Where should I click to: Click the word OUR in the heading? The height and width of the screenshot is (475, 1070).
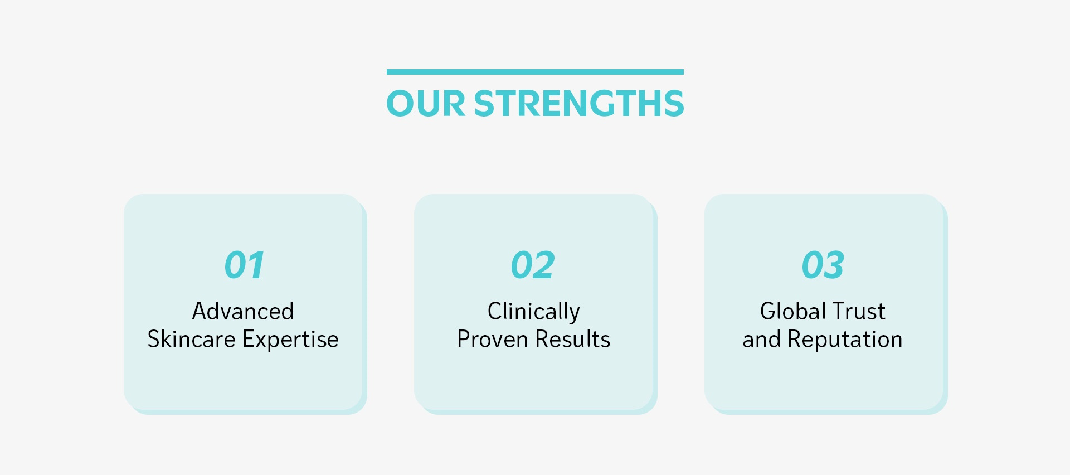426,103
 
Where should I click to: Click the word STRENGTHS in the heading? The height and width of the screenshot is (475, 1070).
579,103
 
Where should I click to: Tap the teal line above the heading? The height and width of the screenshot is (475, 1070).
535,72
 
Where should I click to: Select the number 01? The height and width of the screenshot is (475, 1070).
244,265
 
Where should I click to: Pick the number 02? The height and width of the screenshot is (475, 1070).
533,265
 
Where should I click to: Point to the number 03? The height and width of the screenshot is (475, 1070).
823,265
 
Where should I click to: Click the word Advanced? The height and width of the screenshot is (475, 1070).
243,311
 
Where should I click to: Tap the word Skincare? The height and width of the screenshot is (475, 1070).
191,339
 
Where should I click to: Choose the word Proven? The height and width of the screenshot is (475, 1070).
493,339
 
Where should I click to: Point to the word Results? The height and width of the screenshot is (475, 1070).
573,339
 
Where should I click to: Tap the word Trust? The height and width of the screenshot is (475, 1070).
859,311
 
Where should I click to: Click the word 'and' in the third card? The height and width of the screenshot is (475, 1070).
762,339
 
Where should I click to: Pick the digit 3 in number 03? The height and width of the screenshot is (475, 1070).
835,265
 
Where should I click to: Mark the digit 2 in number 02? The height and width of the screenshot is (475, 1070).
544,265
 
